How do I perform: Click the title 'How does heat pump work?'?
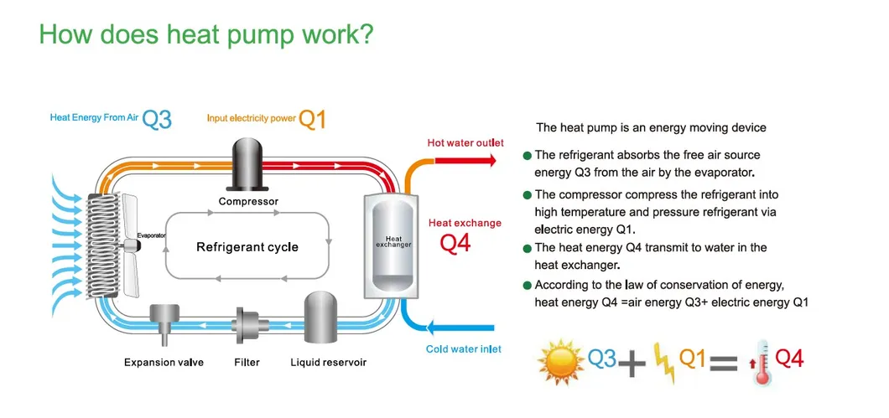205,34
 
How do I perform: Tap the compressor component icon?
248,165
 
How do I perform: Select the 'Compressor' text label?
248,202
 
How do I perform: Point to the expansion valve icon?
164,323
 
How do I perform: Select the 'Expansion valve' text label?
164,363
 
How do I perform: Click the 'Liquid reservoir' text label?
328,363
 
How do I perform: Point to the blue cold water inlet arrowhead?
429,327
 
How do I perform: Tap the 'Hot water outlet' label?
465,143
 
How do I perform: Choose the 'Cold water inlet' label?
464,348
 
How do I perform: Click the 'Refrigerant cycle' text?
247,247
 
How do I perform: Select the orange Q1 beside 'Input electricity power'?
312,119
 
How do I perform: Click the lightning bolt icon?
663,362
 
